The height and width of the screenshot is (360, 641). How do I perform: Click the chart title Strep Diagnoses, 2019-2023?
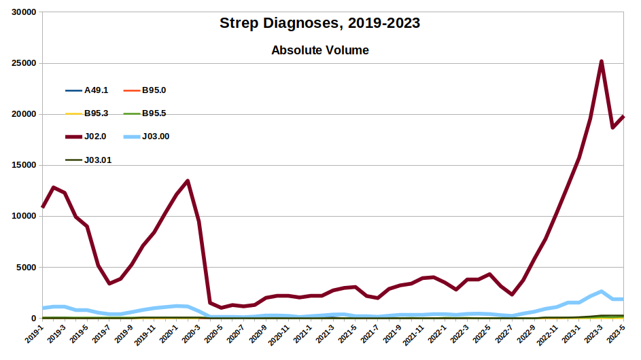pyautogui.click(x=319, y=23)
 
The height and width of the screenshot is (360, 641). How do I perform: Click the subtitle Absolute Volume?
pyautogui.click(x=319, y=50)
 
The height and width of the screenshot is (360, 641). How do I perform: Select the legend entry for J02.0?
pyautogui.click(x=94, y=137)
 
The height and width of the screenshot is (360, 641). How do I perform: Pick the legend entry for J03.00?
pyautogui.click(x=155, y=137)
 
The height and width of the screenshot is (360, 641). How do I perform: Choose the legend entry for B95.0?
pyautogui.click(x=154, y=90)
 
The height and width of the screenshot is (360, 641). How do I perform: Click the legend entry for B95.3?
pyautogui.click(x=96, y=113)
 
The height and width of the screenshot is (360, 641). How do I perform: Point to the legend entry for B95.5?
pyautogui.click(x=154, y=113)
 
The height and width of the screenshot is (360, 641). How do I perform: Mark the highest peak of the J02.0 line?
pyautogui.click(x=602, y=62)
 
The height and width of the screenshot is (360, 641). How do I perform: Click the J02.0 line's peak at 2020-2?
pyautogui.click(x=188, y=181)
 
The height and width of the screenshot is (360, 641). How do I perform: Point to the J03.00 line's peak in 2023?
pyautogui.click(x=602, y=291)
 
